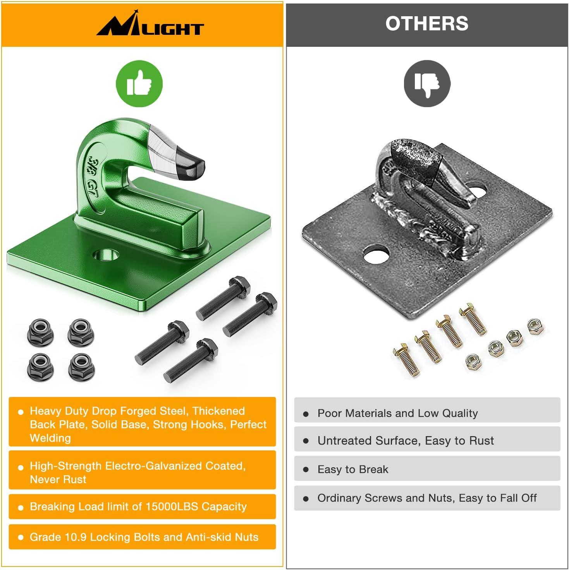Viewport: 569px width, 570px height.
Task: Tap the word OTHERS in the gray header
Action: (x=426, y=24)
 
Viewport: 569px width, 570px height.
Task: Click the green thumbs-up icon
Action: (x=139, y=84)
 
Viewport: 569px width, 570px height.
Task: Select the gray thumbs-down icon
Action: (x=427, y=84)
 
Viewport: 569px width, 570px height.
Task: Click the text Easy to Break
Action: (x=353, y=469)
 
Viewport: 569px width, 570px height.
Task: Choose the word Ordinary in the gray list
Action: (x=339, y=498)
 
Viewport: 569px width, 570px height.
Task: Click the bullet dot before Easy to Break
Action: (x=306, y=470)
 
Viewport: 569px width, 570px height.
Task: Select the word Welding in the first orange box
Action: (x=50, y=438)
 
